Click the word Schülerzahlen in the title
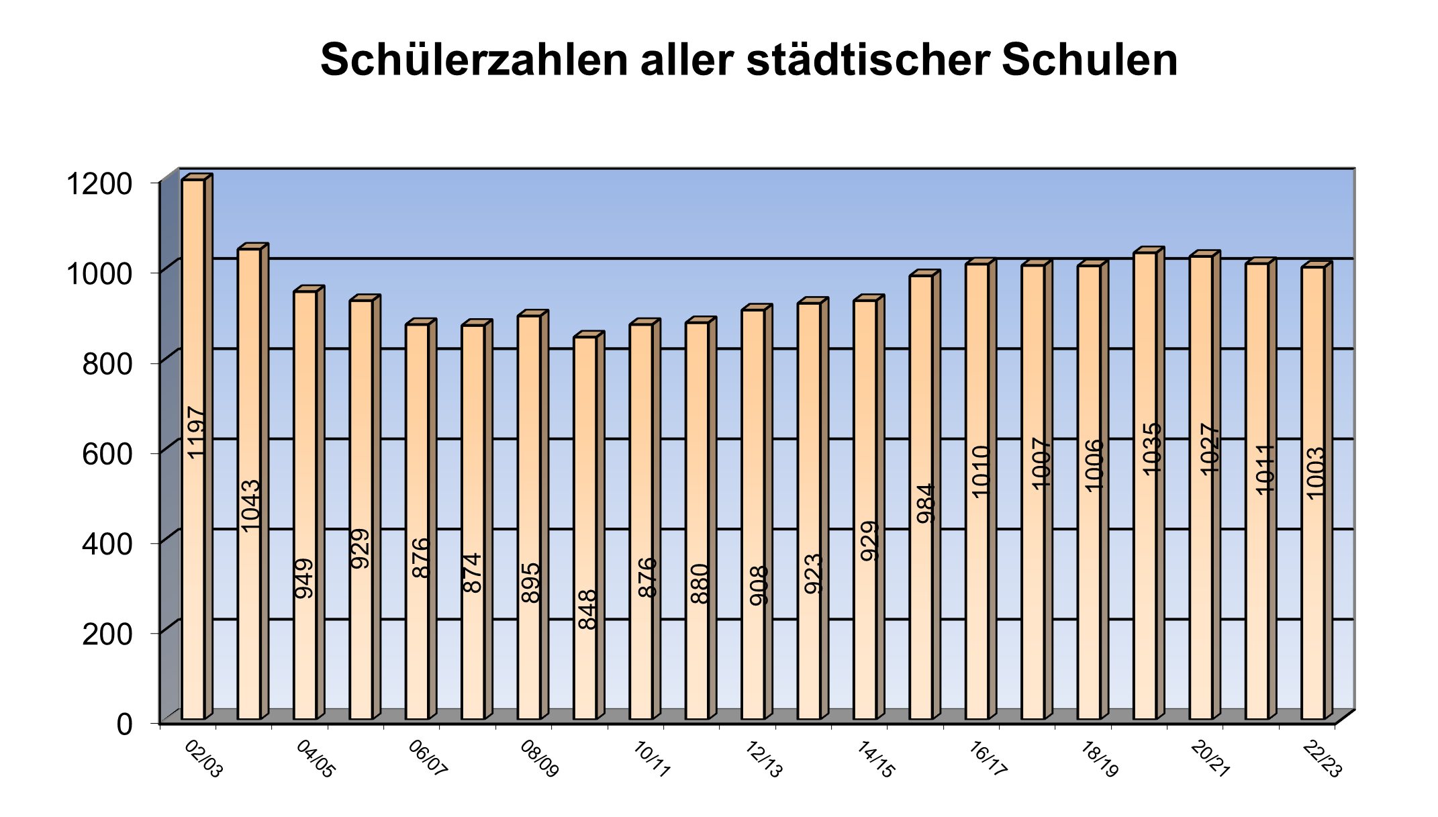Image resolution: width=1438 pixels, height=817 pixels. [x=473, y=60]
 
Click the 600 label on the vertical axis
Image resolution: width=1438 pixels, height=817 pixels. [x=107, y=454]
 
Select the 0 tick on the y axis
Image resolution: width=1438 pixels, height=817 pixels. [x=125, y=724]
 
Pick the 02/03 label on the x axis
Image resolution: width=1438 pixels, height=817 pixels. [x=203, y=759]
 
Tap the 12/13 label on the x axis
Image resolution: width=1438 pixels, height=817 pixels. [x=764, y=759]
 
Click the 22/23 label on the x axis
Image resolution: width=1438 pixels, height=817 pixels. [x=1322, y=759]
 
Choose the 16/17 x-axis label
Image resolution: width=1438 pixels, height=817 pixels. [x=988, y=759]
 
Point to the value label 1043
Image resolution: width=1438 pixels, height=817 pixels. [x=250, y=505]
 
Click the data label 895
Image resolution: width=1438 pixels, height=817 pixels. [x=530, y=582]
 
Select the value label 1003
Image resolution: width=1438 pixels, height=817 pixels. [x=1314, y=473]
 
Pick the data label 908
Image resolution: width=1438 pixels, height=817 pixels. [x=758, y=585]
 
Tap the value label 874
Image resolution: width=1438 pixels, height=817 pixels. [x=473, y=572]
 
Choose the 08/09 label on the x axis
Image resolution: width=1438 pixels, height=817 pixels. [x=539, y=759]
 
